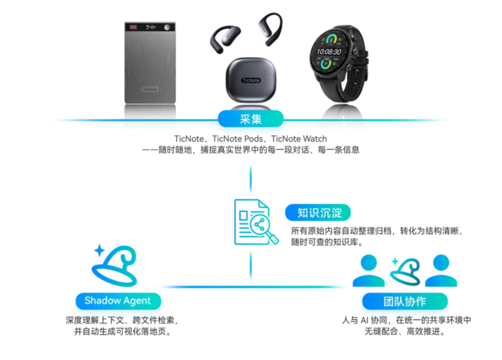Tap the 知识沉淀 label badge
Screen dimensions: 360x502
[319, 212]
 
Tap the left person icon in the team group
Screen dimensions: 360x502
[369, 271]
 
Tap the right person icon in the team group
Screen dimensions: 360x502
[440, 271]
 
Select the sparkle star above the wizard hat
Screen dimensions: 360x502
[99, 252]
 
